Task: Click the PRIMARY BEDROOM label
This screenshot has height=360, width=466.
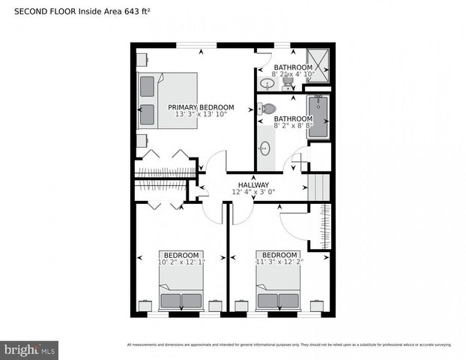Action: coord(201,107)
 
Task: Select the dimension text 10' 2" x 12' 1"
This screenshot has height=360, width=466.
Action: coord(181,262)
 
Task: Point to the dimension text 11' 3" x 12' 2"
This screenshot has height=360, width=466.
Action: coord(277,262)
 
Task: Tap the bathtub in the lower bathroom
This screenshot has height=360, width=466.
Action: coord(318,116)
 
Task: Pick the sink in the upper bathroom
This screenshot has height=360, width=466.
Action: coord(267,82)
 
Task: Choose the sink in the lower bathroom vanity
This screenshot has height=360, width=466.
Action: coord(265,149)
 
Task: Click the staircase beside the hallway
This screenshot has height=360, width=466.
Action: coord(319,186)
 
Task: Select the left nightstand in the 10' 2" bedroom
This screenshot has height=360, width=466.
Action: coord(146,305)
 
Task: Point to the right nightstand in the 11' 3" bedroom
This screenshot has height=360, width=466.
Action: coord(316,305)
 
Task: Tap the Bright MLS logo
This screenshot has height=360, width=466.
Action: coord(30,349)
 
